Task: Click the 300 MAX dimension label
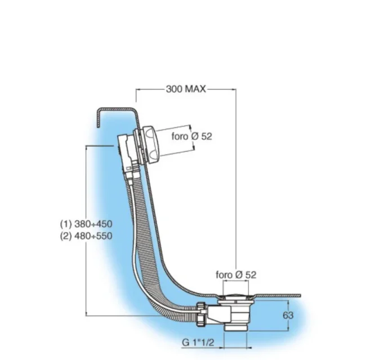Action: pyautogui.click(x=186, y=89)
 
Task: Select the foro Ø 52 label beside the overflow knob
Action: pyautogui.click(x=192, y=136)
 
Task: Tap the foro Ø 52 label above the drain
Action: pyautogui.click(x=237, y=274)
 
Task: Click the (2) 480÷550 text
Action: pyautogui.click(x=86, y=235)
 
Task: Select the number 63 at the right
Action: pyautogui.click(x=288, y=315)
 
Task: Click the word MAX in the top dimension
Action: pyautogui.click(x=196, y=89)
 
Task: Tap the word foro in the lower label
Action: pyautogui.click(x=225, y=274)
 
